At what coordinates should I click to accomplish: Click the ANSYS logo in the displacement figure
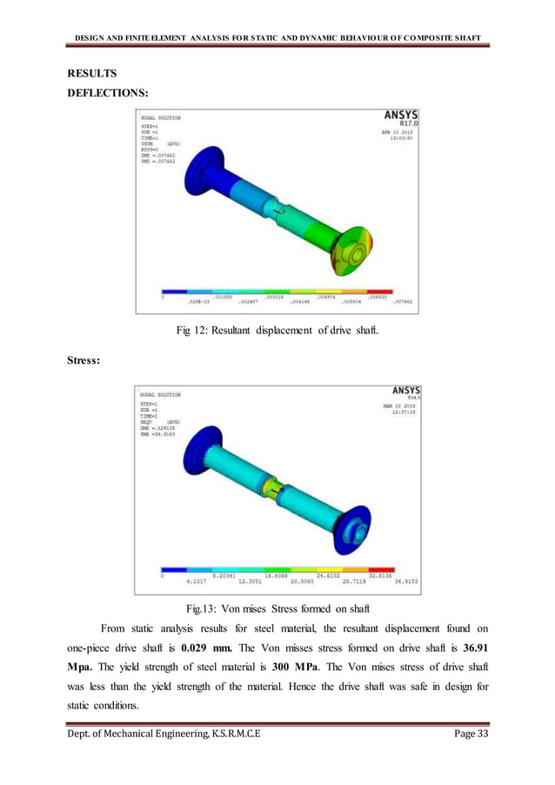[x=401, y=115]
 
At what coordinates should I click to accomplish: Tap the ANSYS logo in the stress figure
[x=401, y=392]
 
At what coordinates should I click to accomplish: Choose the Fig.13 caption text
[x=277, y=607]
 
